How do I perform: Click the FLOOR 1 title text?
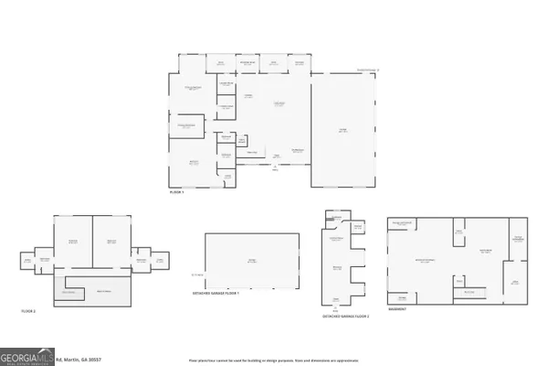(x=176, y=193)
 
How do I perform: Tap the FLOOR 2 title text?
(x=28, y=312)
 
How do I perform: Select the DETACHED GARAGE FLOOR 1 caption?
(x=216, y=294)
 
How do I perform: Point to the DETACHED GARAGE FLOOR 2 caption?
(x=344, y=317)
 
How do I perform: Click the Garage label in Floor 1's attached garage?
(x=342, y=131)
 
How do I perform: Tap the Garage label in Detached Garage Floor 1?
(x=251, y=261)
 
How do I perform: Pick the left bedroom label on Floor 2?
(x=73, y=242)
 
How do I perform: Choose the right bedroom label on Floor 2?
(x=111, y=242)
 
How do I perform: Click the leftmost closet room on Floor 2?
(x=28, y=261)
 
